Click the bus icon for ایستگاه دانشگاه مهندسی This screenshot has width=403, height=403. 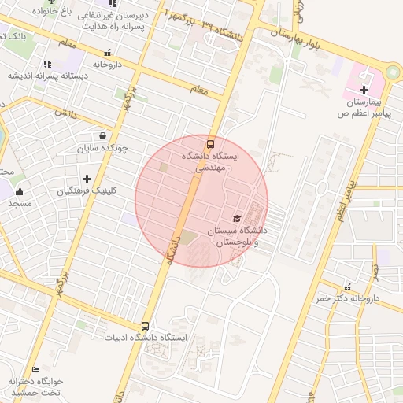coord(210,144)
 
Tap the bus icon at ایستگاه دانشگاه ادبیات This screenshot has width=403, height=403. coord(145,326)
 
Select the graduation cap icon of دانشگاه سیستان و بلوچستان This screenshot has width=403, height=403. coord(237,218)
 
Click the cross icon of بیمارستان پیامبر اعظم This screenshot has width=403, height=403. coord(363,91)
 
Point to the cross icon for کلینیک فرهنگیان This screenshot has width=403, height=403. coord(87,179)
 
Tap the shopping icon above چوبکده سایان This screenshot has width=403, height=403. coord(102,135)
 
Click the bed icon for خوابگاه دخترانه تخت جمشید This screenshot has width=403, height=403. coord(35,370)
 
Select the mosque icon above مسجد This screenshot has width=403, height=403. coord(20,191)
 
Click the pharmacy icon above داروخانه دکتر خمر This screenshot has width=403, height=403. coord(347,287)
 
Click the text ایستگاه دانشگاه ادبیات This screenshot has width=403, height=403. coord(146,338)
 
